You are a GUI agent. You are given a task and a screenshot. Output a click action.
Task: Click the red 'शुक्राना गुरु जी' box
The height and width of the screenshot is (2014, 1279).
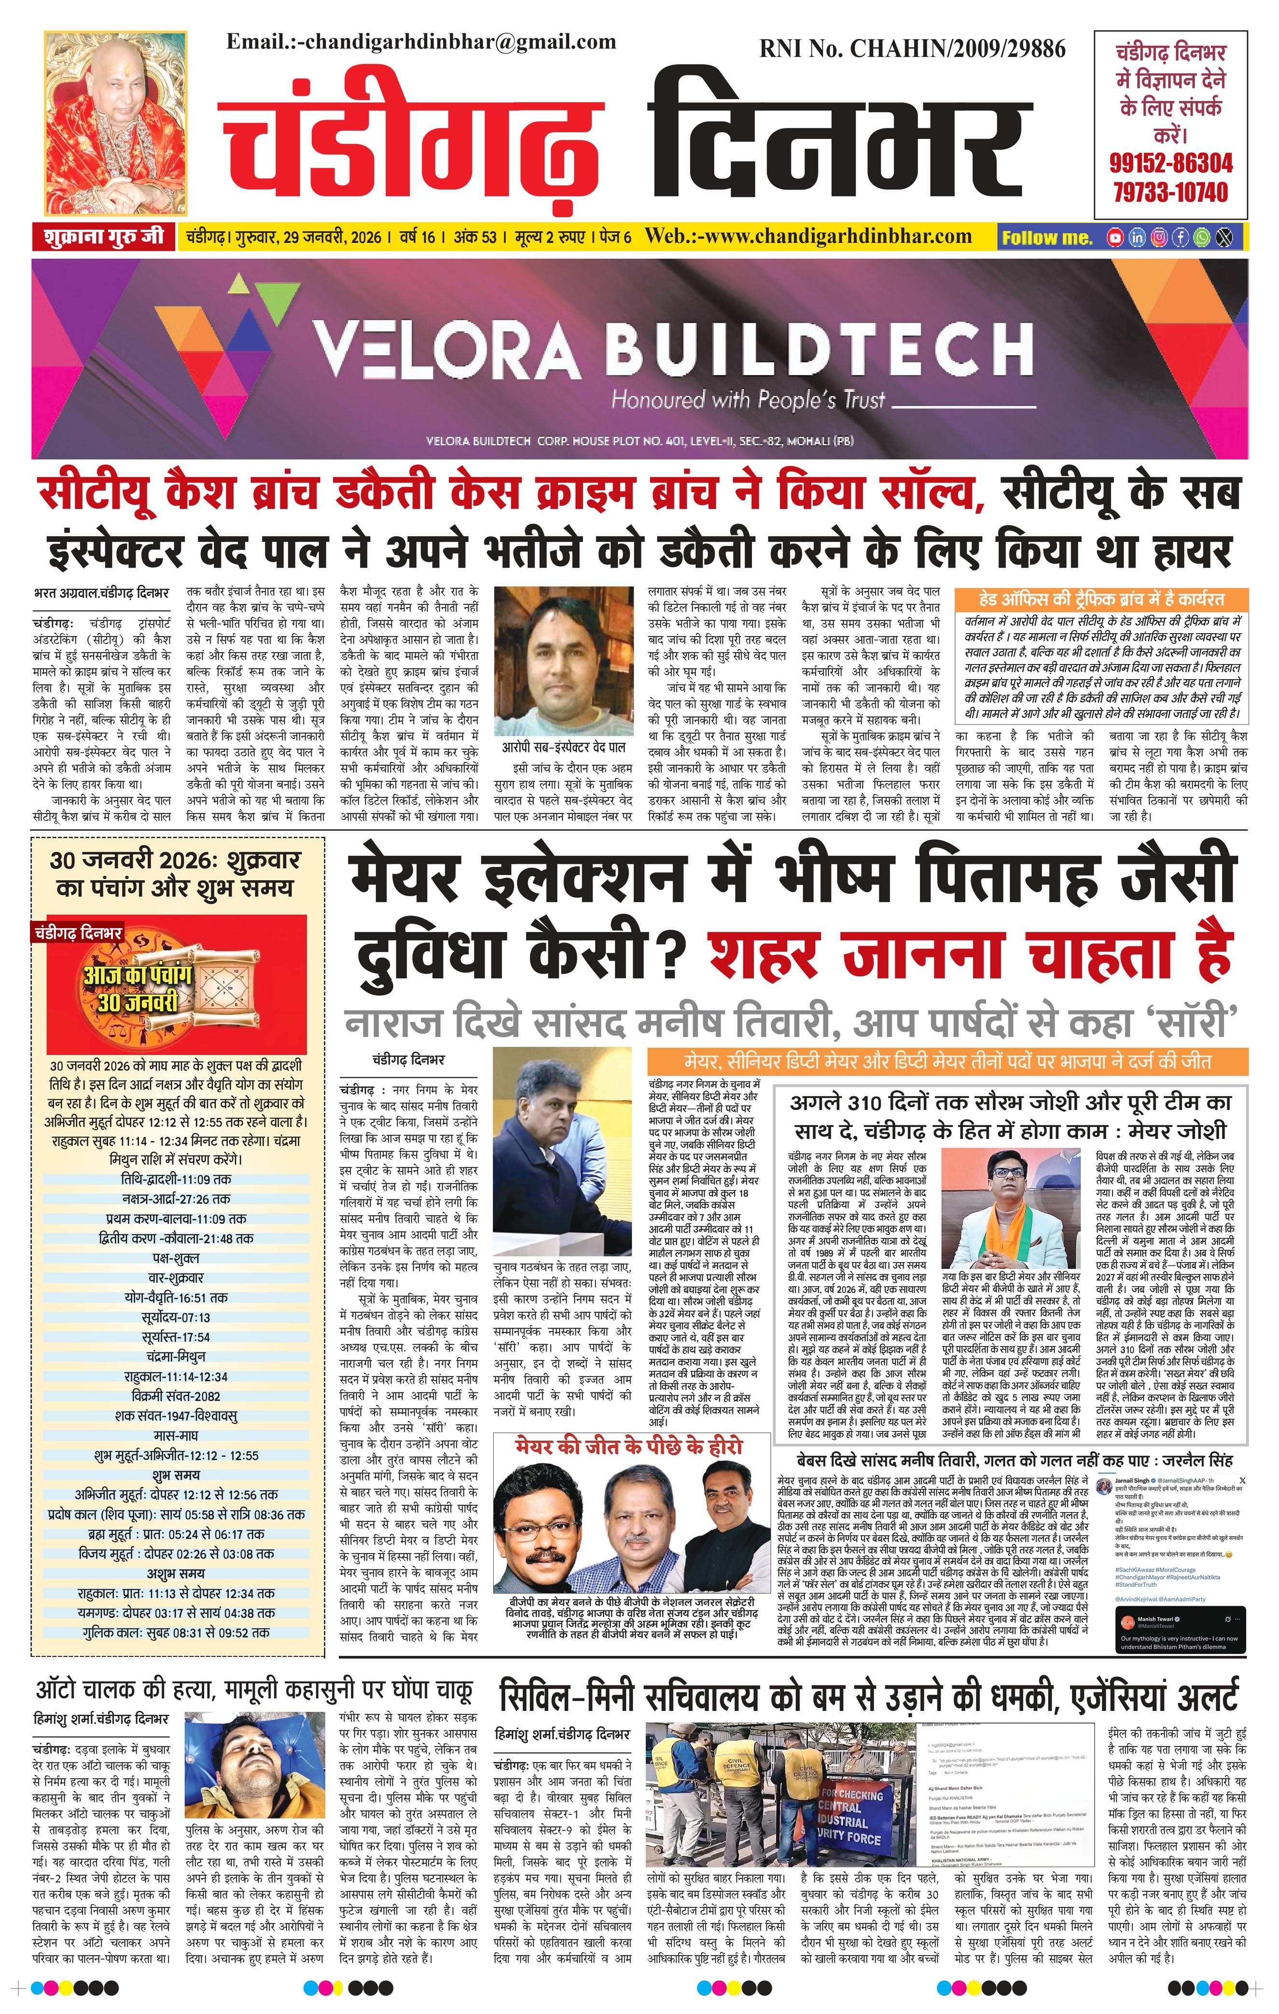click(x=104, y=236)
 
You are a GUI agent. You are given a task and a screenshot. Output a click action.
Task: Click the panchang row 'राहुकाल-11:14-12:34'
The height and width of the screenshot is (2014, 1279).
click(x=177, y=1376)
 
